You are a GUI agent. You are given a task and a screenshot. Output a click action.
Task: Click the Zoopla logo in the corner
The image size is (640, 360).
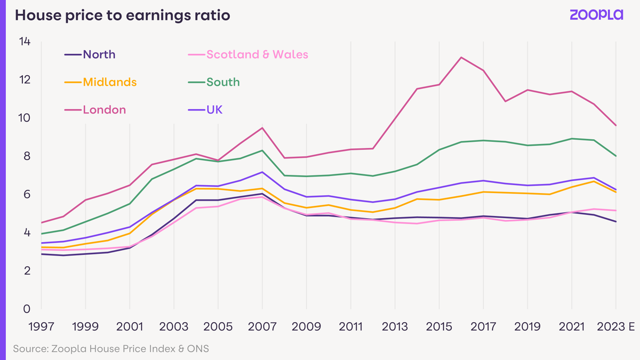coord(596,15)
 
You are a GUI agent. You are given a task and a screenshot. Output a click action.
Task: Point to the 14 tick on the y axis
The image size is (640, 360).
coord(24,42)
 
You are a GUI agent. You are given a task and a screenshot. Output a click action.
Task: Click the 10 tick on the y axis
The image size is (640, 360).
coord(24,118)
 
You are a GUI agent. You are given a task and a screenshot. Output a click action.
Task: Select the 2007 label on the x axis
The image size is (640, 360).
coord(262,326)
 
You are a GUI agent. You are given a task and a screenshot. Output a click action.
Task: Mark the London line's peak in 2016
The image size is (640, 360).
coord(461,57)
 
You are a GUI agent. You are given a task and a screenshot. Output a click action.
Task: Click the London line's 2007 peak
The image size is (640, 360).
coord(262,127)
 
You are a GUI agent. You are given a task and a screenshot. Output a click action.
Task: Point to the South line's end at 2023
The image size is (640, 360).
coord(616,156)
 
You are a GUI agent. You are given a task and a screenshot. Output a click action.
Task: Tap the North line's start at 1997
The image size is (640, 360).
coord(41,254)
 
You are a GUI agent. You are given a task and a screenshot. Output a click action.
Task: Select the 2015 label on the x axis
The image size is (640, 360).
coord(439,326)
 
